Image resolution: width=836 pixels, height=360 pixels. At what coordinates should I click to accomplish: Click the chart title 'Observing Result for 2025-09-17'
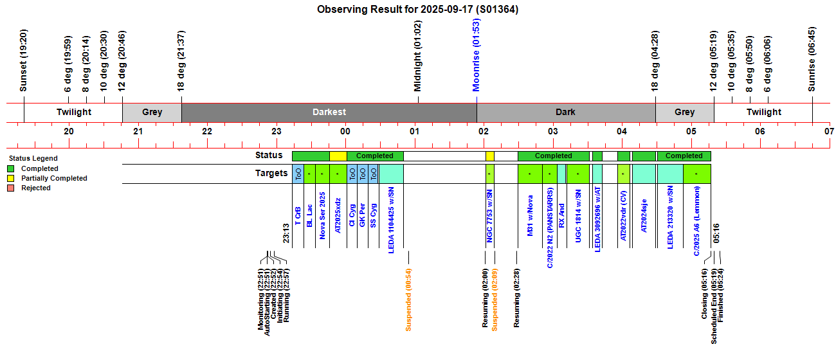tap(417, 9)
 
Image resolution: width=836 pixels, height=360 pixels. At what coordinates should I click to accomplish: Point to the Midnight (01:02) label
tap(418, 56)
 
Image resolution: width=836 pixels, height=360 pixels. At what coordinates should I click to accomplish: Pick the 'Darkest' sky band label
tap(329, 112)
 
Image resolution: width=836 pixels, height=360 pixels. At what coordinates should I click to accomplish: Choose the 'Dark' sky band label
tap(565, 112)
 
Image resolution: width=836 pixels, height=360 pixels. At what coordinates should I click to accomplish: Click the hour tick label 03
tap(552, 131)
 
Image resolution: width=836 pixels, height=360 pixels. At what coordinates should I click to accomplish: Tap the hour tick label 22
tap(207, 131)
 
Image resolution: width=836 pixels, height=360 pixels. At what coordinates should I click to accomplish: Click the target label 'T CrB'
tap(298, 215)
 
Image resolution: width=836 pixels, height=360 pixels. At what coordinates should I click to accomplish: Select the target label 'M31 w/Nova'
tap(531, 221)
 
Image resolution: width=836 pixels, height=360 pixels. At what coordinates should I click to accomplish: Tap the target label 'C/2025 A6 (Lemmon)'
tap(696, 222)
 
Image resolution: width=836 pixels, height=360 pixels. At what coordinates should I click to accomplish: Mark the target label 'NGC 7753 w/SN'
tap(490, 219)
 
